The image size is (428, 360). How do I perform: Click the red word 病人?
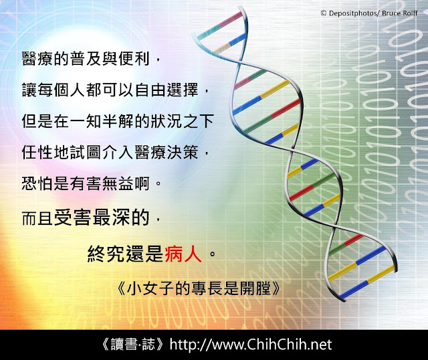183,254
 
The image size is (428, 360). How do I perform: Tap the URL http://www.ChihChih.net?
251,345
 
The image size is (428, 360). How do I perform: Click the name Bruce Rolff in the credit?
400,13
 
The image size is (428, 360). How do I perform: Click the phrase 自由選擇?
167,90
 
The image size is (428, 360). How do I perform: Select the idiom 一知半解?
102,120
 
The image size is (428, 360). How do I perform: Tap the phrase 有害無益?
102,183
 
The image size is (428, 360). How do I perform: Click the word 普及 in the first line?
86,59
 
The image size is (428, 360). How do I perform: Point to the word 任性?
38,152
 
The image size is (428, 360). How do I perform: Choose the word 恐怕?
38,183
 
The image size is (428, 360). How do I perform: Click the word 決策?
183,152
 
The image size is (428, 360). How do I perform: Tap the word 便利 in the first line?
134,59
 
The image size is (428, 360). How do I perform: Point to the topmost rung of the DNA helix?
220,25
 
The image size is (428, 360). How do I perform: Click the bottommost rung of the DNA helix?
368,282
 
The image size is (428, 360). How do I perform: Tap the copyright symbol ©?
324,13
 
